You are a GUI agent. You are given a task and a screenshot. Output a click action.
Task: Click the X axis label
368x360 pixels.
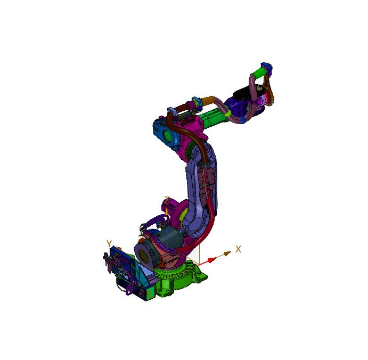pyautogui.click(x=239, y=249)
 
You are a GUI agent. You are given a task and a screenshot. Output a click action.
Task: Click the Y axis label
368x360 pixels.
pyautogui.click(x=109, y=244)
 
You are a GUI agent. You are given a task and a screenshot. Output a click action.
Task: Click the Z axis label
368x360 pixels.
pyautogui.click(x=167, y=201)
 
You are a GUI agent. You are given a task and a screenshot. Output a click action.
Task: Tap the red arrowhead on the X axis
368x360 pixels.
pyautogui.click(x=211, y=259)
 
